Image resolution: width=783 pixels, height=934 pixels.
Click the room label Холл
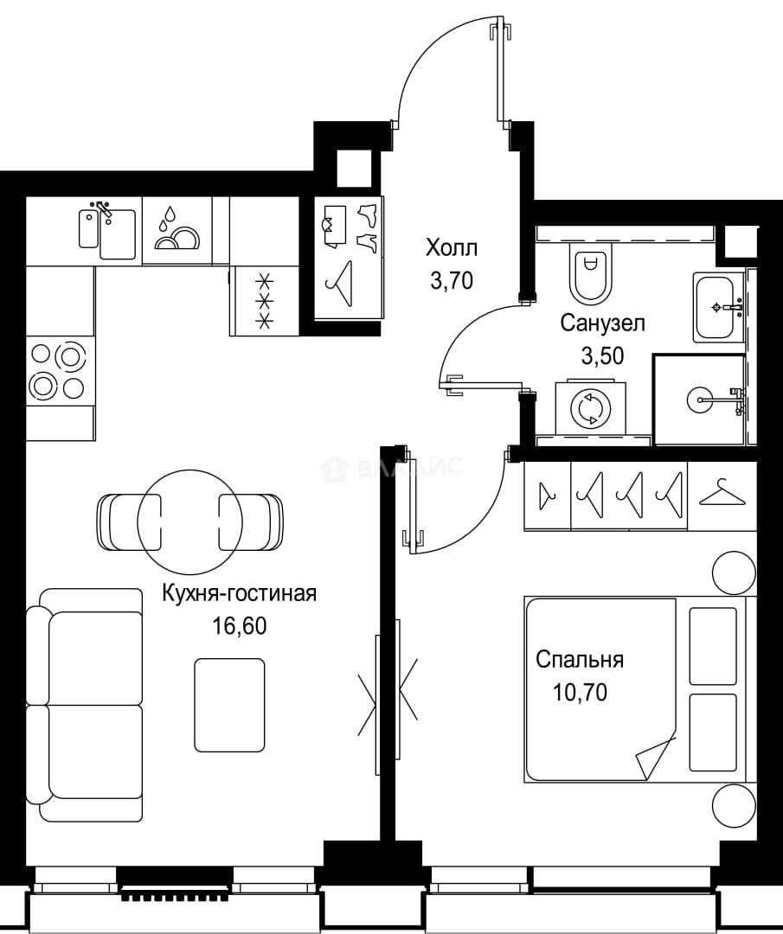[x=451, y=248]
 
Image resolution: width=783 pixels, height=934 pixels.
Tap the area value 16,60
[x=240, y=626]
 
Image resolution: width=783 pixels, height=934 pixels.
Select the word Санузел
[x=602, y=323]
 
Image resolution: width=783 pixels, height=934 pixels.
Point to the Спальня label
[x=579, y=660]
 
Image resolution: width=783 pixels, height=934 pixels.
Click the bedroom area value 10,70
[x=580, y=692]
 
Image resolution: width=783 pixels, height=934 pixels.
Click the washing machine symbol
[x=591, y=408]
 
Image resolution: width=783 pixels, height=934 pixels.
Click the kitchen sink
[x=108, y=232]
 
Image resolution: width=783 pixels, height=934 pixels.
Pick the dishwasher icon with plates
[x=177, y=229]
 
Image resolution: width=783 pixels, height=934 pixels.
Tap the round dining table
[x=190, y=521]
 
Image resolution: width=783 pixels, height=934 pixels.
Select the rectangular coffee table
[x=229, y=706]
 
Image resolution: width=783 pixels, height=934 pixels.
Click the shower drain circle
[x=700, y=399]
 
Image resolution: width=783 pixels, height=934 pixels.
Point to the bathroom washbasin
[x=719, y=307]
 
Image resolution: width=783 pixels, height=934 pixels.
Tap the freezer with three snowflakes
[x=264, y=301]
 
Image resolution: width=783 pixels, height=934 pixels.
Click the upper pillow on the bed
[x=712, y=646]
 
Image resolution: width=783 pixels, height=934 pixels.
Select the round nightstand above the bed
[x=735, y=573]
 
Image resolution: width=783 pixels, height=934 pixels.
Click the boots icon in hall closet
[x=367, y=228]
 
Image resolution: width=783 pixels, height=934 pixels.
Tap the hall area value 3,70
[x=451, y=280]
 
